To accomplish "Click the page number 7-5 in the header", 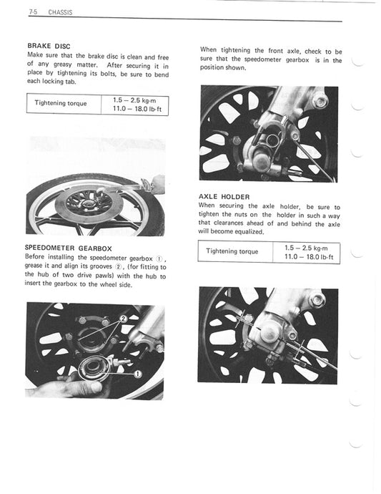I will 33,13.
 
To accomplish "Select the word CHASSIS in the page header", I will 60,13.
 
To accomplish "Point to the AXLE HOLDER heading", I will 224,195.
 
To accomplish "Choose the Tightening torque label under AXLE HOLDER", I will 232,251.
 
